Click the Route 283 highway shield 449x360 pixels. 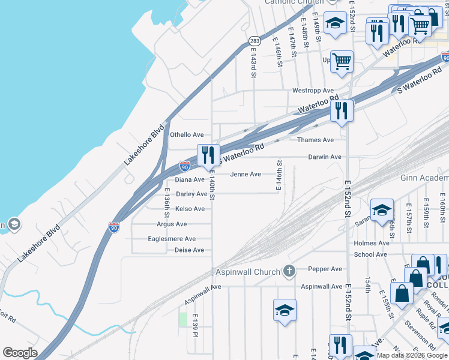(x=254, y=41)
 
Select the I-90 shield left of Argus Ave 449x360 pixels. (x=114, y=227)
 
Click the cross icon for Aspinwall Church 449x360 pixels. (x=289, y=272)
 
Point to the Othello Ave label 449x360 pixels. (x=188, y=135)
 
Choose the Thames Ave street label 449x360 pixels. (x=315, y=140)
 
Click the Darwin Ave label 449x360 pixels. (x=325, y=157)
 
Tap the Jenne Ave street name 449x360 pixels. (x=246, y=175)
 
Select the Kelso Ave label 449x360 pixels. (x=190, y=209)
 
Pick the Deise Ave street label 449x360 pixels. (x=189, y=250)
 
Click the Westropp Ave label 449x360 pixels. (x=313, y=91)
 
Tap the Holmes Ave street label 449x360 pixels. (x=372, y=243)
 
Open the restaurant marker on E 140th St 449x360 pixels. (x=208, y=155)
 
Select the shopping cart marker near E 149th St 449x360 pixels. (x=342, y=61)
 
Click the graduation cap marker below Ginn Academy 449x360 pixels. (x=382, y=210)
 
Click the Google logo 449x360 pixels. (x=20, y=353)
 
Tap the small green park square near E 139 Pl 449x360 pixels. (x=183, y=319)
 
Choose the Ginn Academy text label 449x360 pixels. (x=424, y=178)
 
